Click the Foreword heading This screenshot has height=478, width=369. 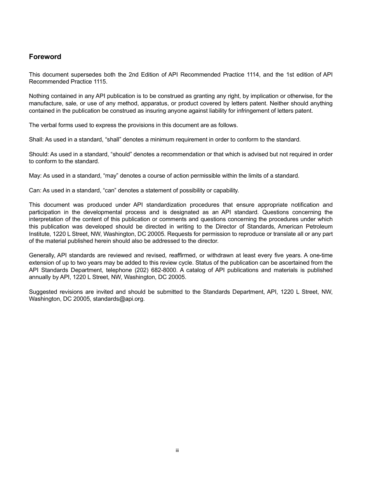[45, 57]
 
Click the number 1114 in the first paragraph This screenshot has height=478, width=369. [253, 75]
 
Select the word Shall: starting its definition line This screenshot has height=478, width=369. [36, 140]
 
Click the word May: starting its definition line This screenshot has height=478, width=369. [35, 176]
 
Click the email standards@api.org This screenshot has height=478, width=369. [118, 299]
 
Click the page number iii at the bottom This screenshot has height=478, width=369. [177, 450]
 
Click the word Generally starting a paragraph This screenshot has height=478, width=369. [42, 255]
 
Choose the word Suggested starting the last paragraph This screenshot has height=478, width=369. [42, 292]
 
